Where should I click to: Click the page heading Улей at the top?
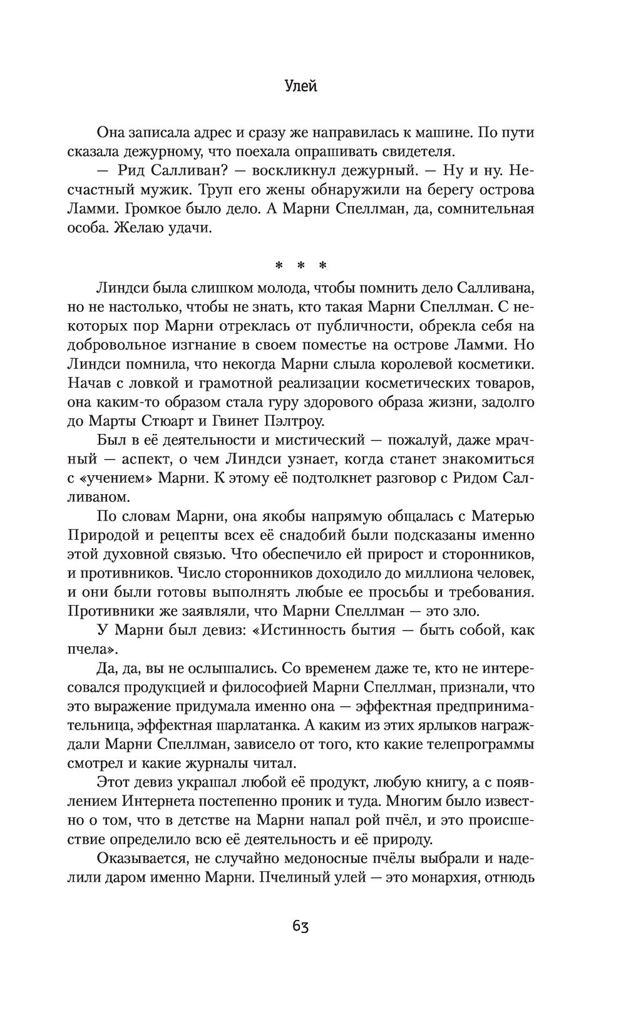[x=300, y=86]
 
